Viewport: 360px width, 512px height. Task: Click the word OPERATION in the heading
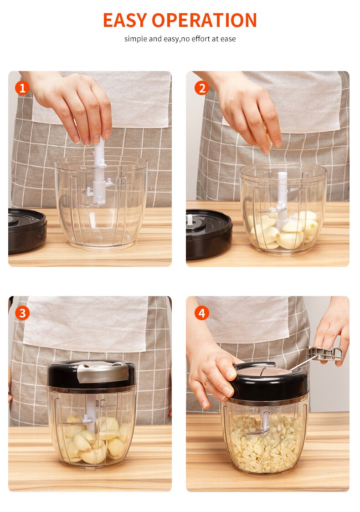[204, 20]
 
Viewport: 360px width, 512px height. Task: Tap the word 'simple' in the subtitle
[136, 39]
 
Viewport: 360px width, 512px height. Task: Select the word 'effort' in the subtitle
[201, 39]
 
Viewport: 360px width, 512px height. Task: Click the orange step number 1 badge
[22, 88]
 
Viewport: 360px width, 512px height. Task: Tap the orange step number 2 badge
[201, 88]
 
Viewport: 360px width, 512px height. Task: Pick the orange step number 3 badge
[22, 313]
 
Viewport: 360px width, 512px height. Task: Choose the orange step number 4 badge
[201, 313]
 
